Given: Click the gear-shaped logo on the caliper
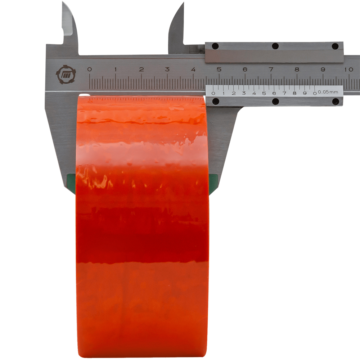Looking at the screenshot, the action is tap(66, 75).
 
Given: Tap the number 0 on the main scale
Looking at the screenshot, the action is tap(90, 69).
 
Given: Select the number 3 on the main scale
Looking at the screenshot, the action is tap(167, 69).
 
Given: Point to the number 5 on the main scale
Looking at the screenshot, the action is tap(219, 69).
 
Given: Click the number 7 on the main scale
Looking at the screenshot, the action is tap(271, 69).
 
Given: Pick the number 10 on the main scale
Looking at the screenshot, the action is tap(348, 69).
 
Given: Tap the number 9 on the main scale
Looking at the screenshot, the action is tap(323, 69).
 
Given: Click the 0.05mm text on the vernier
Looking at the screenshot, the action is tap(328, 92).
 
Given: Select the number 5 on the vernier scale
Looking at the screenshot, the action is tap(264, 93).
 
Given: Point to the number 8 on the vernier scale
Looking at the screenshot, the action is tap(294, 93).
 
